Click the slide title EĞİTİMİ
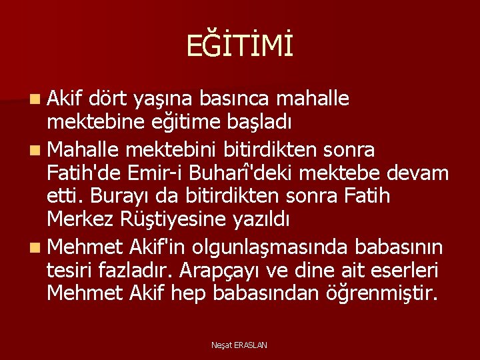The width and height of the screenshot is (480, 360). click(x=239, y=47)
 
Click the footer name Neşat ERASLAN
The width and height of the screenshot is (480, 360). click(x=239, y=345)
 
